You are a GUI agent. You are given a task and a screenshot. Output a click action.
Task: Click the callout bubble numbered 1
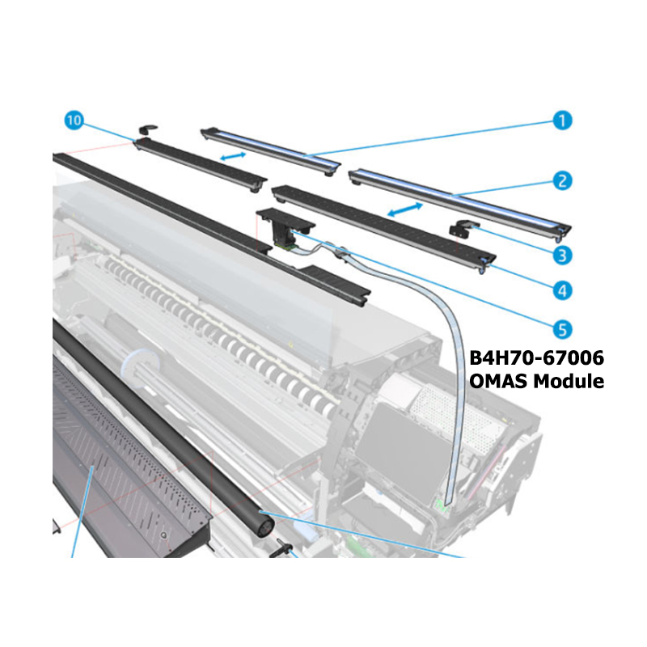(562, 121)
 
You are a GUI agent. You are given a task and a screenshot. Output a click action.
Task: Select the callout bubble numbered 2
(562, 180)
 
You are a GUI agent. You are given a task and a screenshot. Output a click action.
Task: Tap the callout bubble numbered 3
(562, 255)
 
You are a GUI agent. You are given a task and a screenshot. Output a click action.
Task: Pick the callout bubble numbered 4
(562, 290)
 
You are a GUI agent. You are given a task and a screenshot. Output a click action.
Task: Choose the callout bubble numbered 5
(562, 329)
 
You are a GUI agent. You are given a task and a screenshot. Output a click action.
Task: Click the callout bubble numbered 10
(74, 121)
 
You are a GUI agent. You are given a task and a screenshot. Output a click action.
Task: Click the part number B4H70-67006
(536, 357)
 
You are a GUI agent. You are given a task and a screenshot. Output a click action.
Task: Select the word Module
(569, 381)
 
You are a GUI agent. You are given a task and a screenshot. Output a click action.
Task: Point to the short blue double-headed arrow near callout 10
(233, 156)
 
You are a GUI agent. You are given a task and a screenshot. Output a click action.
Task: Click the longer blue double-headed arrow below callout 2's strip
(405, 209)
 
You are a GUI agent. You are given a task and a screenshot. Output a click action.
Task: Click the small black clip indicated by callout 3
(459, 229)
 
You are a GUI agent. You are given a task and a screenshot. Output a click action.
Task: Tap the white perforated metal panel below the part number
(458, 417)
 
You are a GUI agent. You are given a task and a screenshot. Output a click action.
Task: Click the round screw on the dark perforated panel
(165, 535)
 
